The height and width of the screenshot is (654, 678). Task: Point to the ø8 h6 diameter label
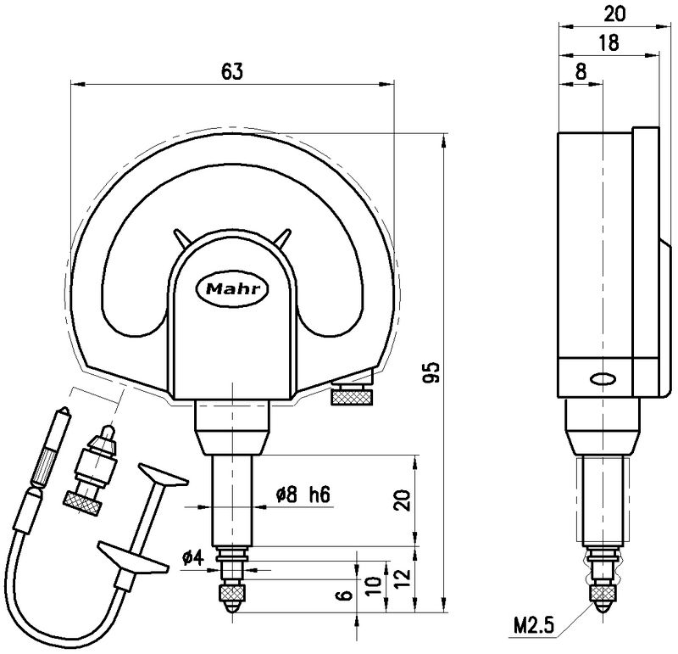tap(303, 495)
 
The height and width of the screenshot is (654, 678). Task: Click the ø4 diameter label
tap(192, 558)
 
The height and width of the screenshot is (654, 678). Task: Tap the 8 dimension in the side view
tap(581, 72)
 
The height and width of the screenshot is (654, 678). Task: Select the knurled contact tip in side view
tap(603, 594)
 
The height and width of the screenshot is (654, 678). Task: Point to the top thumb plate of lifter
tap(160, 475)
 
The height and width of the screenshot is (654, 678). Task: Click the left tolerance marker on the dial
tap(181, 238)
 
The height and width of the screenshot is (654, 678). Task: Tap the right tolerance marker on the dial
tap(284, 238)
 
